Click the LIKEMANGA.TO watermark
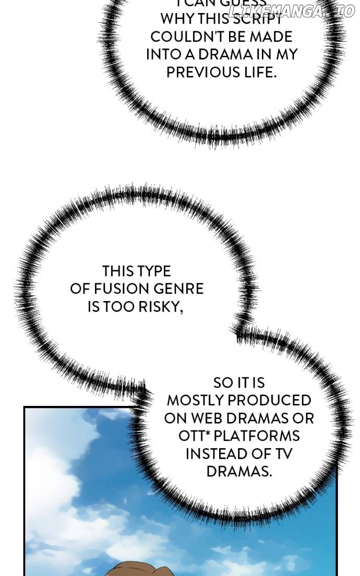tap(292, 11)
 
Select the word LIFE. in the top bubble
tap(258, 72)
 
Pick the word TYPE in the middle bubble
tap(153, 271)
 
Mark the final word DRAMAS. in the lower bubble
tap(239, 472)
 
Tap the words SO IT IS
tap(239, 383)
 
